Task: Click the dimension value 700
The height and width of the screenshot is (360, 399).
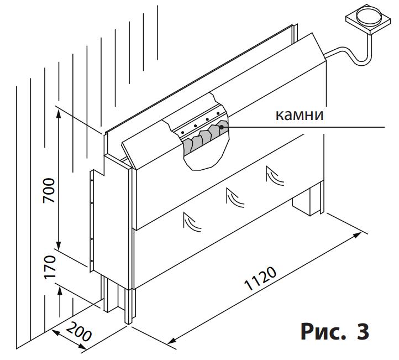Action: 49,190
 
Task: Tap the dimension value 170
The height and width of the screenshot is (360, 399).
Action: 50,267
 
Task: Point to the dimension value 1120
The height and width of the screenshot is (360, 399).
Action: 260,279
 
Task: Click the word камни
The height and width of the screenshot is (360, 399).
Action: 300,115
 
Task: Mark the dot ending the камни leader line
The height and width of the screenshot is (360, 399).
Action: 222,127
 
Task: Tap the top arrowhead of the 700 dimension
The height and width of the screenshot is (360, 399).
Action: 59,114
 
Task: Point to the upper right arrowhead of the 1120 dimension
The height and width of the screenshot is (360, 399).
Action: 357,234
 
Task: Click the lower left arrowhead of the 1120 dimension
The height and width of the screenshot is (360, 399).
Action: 174,341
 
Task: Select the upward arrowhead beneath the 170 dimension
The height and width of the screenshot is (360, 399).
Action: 59,290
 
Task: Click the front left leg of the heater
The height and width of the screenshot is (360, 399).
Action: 130,306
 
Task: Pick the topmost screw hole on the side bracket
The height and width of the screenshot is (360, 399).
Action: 92,180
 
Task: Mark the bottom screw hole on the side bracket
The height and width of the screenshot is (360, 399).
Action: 92,260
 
